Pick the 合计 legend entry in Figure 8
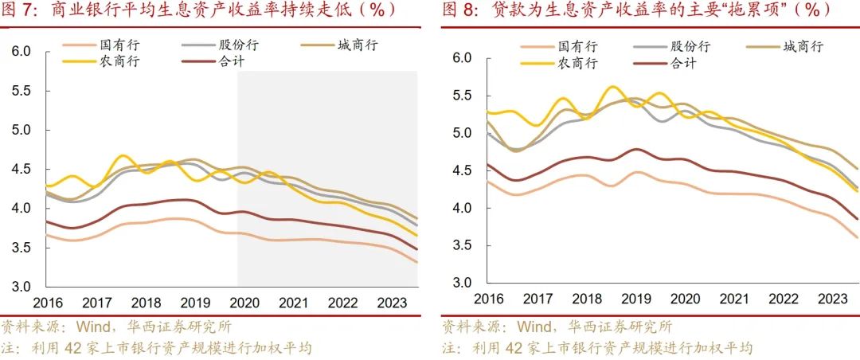pyautogui.click(x=684, y=64)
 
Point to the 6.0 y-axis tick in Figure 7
pyautogui.click(x=21, y=52)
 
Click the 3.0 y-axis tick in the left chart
pyautogui.click(x=21, y=287)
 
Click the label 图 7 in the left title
pyautogui.click(x=19, y=10)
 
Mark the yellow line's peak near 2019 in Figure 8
pyautogui.click(x=612, y=87)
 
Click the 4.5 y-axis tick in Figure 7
pyautogui.click(x=21, y=169)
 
